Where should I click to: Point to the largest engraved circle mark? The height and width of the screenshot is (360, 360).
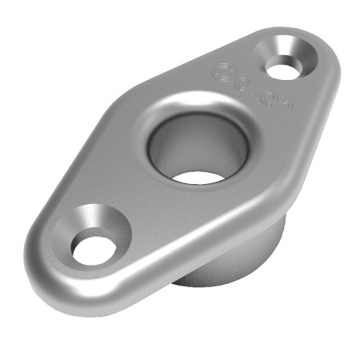coord(221,74)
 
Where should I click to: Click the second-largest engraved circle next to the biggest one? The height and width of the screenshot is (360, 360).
coord(244,83)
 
